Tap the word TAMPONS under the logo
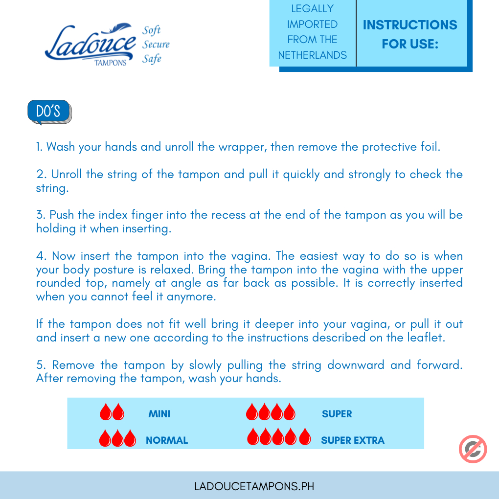tap(111, 63)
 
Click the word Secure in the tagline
tap(156, 45)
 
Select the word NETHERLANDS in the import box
tap(312, 55)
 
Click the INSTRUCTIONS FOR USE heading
tap(410, 34)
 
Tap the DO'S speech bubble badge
tap(48, 112)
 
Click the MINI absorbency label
tap(159, 414)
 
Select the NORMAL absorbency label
tap(167, 440)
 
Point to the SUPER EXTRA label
tap(353, 440)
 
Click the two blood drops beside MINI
tap(112, 412)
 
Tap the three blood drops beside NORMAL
tap(117, 438)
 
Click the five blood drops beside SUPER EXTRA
tap(279, 436)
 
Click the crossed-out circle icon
tap(473, 449)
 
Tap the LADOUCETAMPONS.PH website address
tap(254, 486)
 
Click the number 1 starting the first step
tap(39, 147)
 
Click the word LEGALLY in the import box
tap(312, 9)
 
